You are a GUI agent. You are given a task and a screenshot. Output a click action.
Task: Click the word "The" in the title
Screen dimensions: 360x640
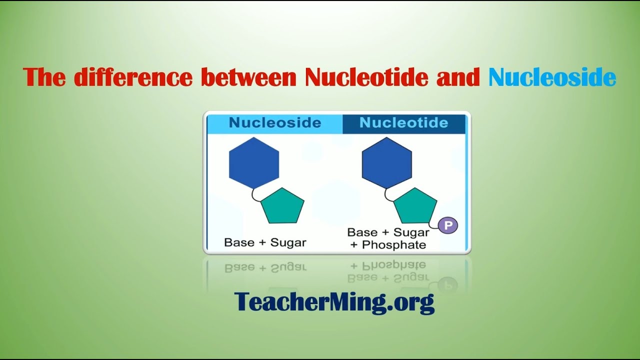click(x=44, y=77)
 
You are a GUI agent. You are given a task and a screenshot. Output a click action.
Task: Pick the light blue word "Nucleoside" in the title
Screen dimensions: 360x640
click(x=552, y=77)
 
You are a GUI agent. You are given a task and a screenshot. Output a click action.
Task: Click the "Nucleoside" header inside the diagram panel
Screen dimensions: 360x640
click(x=274, y=123)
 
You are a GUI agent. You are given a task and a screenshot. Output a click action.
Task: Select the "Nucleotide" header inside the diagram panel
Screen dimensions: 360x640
click(x=403, y=123)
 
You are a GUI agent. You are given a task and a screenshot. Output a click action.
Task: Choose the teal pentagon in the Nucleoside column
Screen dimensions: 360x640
click(x=282, y=206)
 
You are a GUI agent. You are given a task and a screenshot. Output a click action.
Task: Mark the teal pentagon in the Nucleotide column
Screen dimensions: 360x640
click(x=415, y=206)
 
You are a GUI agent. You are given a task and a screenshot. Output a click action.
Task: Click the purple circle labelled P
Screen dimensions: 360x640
click(x=448, y=226)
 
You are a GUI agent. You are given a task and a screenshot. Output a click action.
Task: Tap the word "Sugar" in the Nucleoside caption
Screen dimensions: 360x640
click(x=288, y=242)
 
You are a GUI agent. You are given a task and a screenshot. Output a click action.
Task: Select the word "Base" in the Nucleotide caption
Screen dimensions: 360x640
click(x=362, y=232)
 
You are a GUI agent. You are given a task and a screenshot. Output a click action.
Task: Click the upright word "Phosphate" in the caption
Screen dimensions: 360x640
click(x=394, y=244)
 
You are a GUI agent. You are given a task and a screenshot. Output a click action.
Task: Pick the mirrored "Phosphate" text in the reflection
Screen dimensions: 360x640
click(x=394, y=264)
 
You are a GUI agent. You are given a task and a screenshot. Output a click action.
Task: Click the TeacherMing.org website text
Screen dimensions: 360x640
click(x=334, y=301)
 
